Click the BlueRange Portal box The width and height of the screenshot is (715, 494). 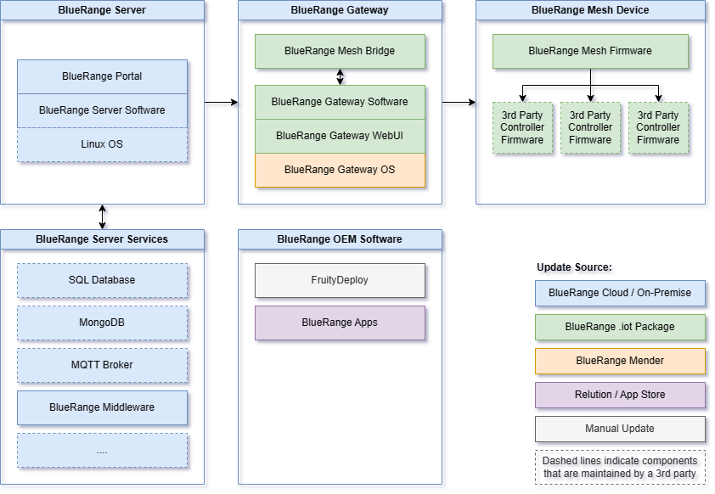102,76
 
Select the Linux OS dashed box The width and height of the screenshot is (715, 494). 102,144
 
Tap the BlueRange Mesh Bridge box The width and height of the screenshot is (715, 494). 340,51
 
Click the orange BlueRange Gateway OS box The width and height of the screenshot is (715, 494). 340,170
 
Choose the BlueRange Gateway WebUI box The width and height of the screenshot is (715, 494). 340,136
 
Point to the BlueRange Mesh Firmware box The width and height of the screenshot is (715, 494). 590,51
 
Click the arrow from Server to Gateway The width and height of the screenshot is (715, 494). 221,103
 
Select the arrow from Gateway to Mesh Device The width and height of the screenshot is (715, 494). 459,103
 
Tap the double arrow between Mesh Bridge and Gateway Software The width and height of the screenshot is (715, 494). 341,76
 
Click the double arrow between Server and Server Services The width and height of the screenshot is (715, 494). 103,216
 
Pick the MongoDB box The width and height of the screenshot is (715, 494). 102,323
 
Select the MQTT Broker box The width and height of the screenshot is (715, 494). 102,365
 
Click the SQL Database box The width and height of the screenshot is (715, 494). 102,280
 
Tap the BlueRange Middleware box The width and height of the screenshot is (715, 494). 102,407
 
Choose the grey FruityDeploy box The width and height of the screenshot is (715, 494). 340,280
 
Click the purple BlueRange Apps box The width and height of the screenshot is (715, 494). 340,323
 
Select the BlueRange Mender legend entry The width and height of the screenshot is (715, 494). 620,361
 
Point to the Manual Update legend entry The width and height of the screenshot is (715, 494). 620,429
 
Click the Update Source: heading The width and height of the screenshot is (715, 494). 574,267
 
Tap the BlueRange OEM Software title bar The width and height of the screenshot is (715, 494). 340,239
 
